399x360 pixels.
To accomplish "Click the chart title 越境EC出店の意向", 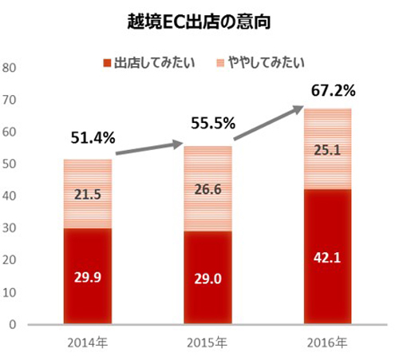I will (199, 22).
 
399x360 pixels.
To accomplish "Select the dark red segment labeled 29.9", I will (88, 276).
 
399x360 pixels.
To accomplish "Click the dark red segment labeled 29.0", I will (207, 278).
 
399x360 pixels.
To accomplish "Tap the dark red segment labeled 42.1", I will (327, 257).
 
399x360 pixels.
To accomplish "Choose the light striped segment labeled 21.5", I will (88, 194).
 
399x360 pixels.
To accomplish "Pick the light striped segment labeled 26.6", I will (207, 188).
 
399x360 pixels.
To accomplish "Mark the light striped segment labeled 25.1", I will (327, 148).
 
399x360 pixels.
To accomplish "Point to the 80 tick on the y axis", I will (10, 67).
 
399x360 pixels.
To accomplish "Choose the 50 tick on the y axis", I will (10, 164).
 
